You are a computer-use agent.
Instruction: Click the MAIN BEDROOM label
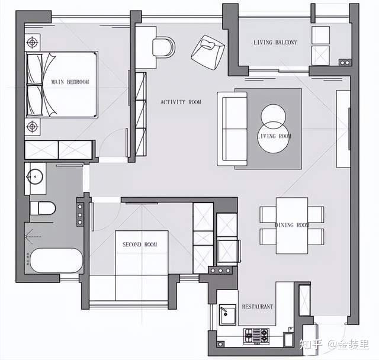pos(70,82)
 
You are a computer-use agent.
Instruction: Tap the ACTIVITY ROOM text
pos(181,102)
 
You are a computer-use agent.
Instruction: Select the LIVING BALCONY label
pos(275,42)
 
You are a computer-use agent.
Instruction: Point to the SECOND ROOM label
pos(140,245)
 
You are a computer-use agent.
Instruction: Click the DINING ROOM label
pos(292,225)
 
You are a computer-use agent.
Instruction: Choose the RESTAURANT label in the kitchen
pos(258,307)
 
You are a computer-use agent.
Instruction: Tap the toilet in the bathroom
pos(43,208)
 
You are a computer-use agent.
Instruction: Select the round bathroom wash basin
pos(35,176)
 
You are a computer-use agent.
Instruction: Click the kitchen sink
pos(227,315)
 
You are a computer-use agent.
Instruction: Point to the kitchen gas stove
pos(256,336)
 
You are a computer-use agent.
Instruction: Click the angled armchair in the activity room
pos(208,53)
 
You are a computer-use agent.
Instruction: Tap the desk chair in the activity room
pos(163,47)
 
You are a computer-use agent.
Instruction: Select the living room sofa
pos(232,128)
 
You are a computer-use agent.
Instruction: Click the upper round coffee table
pos(273,117)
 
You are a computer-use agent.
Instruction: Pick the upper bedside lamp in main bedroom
pos(32,42)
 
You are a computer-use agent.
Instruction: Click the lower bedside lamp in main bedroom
pos(32,126)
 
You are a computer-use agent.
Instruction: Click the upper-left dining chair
pos(268,214)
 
